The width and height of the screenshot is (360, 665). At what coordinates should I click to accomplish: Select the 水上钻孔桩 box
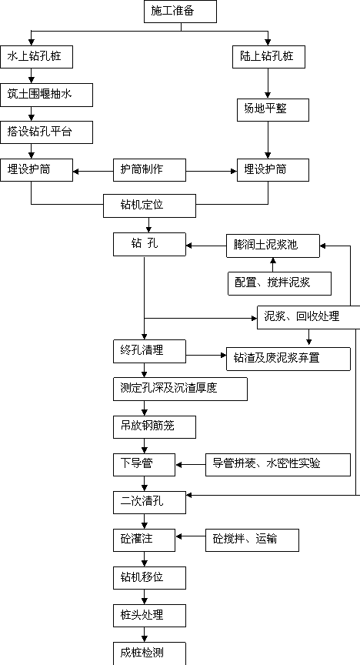click(x=36, y=57)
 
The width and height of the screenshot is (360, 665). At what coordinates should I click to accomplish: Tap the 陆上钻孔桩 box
click(x=268, y=57)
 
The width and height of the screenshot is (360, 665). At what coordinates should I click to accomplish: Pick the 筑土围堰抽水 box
click(x=47, y=95)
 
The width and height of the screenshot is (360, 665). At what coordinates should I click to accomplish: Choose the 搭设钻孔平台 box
click(x=47, y=132)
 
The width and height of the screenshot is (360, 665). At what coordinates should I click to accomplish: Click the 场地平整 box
click(x=273, y=110)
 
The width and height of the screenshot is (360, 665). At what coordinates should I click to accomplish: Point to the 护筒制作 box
click(x=149, y=170)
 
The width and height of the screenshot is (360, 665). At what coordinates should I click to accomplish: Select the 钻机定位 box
click(x=150, y=206)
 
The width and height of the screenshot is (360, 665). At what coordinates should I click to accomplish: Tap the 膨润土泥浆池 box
click(x=273, y=246)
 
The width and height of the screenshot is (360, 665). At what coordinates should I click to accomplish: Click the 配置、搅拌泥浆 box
click(x=280, y=283)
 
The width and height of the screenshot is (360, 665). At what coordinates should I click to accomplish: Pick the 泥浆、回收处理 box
click(x=308, y=317)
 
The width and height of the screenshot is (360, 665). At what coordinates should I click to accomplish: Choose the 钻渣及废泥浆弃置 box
click(x=288, y=359)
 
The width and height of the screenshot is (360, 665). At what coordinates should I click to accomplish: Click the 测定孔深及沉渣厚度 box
click(x=180, y=389)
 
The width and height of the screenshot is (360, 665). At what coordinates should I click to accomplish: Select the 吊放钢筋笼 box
click(x=155, y=426)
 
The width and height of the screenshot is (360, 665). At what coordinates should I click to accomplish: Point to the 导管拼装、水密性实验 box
click(x=278, y=464)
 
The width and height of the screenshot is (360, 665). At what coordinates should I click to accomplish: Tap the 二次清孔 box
click(x=149, y=503)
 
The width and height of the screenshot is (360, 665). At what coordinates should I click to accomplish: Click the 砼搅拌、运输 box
click(x=252, y=540)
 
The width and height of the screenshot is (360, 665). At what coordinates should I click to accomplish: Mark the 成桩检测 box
click(x=149, y=653)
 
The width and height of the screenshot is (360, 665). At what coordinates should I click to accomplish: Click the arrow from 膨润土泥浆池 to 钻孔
click(x=206, y=245)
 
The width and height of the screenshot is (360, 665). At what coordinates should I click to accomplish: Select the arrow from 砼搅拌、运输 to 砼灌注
click(x=191, y=536)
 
